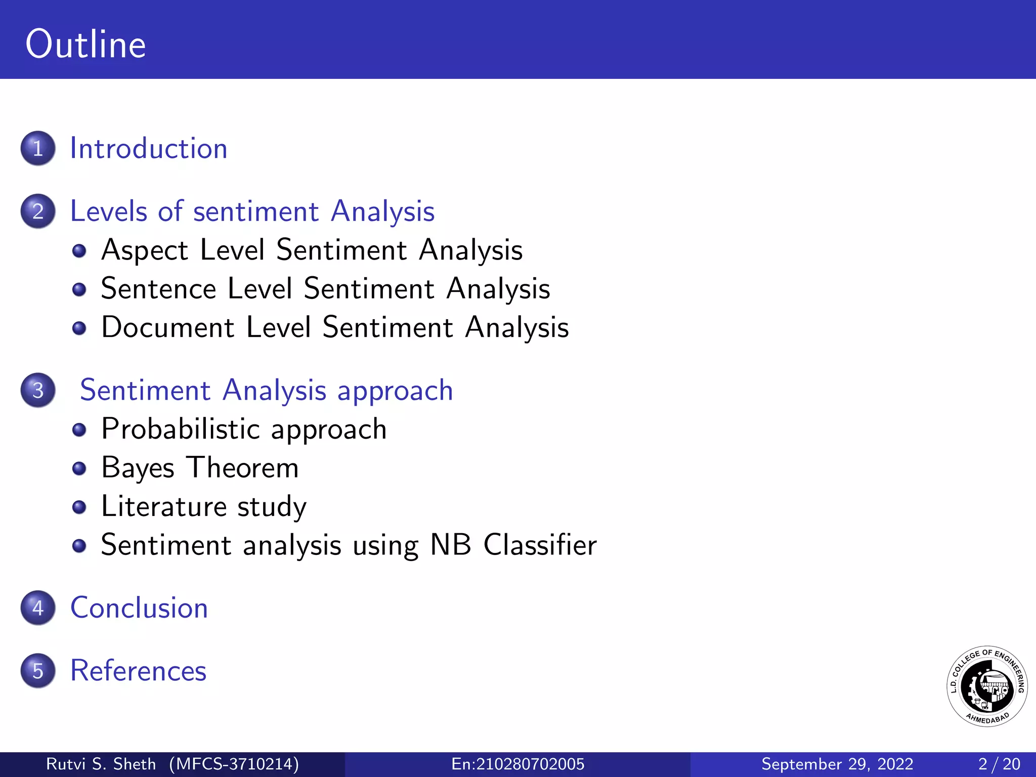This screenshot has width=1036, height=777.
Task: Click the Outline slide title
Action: click(x=85, y=45)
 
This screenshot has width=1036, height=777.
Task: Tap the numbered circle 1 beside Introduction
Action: click(x=38, y=148)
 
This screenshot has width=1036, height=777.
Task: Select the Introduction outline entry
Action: click(x=148, y=148)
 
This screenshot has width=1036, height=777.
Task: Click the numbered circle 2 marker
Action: click(x=38, y=211)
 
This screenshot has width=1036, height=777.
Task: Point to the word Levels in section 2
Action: click(x=109, y=211)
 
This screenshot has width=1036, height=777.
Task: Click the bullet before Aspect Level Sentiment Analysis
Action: click(x=79, y=251)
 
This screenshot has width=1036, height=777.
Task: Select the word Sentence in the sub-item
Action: click(x=158, y=289)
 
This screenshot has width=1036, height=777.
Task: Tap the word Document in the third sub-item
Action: click(x=167, y=327)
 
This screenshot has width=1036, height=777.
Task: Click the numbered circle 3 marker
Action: click(x=38, y=390)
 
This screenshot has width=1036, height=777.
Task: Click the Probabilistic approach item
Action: click(x=244, y=429)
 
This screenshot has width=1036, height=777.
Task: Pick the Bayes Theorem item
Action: click(x=200, y=468)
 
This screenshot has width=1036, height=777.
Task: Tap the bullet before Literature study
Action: click(x=79, y=507)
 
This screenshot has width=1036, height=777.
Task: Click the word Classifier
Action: click(x=540, y=545)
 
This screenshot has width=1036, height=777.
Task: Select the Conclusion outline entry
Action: click(x=139, y=608)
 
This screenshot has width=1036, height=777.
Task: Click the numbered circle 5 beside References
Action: click(x=38, y=670)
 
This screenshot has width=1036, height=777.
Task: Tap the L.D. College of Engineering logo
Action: click(x=986, y=686)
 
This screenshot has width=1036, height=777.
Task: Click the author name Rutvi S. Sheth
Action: click(x=101, y=764)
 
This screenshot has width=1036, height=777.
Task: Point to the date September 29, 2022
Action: click(x=837, y=764)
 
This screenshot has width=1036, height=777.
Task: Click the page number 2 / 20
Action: click(x=999, y=764)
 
